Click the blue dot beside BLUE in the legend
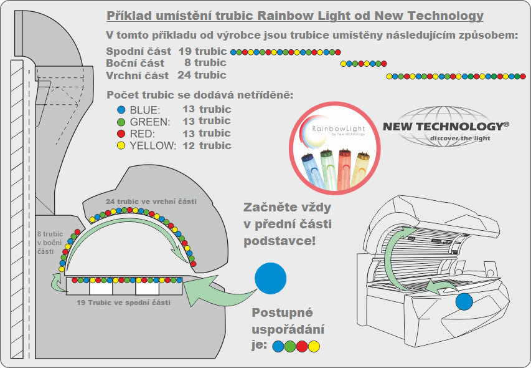tap(121, 110)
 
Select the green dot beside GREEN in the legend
tap(121, 122)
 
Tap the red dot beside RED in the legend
tap(121, 133)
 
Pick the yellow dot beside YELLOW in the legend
tap(121, 145)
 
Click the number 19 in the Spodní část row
tap(185, 51)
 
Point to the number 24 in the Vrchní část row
tap(185, 75)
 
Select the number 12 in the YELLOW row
tap(189, 145)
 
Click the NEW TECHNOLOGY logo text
tap(446, 127)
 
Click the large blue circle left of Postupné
tap(271, 278)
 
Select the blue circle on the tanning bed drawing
tap(464, 302)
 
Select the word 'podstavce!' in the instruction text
tap(280, 240)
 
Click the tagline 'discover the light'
tap(452, 138)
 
